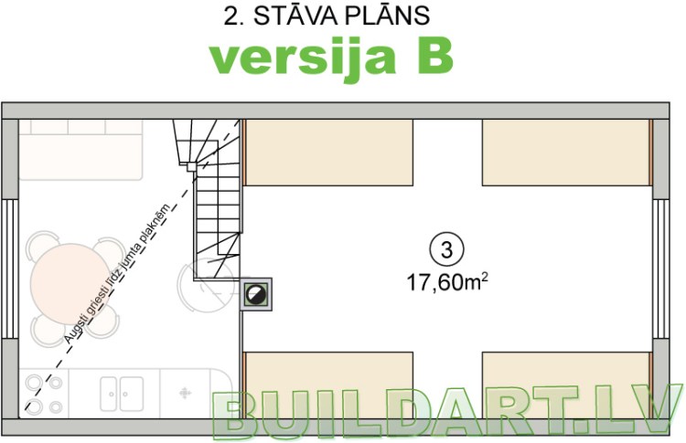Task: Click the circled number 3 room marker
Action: click(446, 248)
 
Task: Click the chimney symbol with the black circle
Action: click(255, 293)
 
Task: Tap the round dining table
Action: click(69, 283)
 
